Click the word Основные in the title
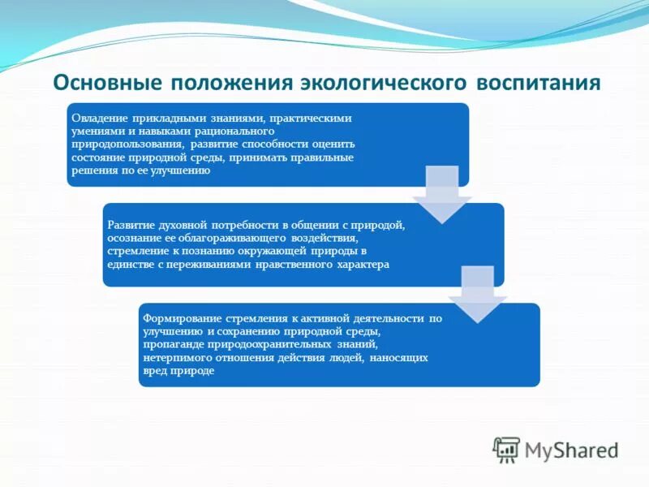coord(107,84)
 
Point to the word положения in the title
coord(230,84)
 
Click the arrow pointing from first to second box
coord(441,195)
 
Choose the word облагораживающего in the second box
coord(236,238)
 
